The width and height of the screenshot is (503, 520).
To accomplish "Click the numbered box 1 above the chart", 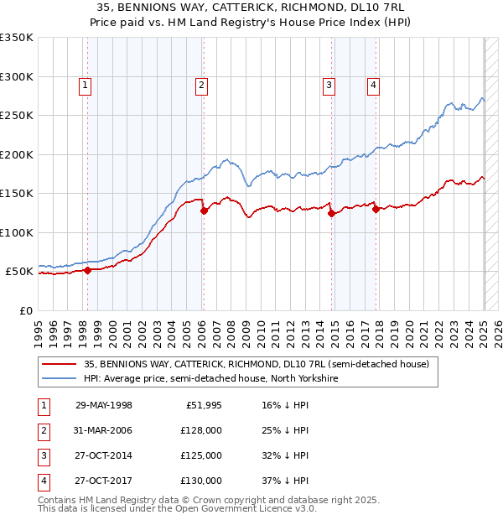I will tap(86, 84).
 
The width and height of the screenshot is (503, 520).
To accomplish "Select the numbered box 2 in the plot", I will tap(203, 84).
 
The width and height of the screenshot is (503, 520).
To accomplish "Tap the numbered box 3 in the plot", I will tap(329, 84).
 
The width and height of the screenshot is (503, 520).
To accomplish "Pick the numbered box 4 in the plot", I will tap(373, 84).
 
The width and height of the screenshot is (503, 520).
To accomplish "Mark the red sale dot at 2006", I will tap(204, 211).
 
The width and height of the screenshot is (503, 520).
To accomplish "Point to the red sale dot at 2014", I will tap(331, 214).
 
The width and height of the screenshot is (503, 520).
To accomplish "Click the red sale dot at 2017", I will tap(376, 210).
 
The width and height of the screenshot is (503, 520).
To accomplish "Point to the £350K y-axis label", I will tap(17, 38).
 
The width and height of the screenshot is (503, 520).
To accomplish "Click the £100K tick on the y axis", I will tap(17, 232).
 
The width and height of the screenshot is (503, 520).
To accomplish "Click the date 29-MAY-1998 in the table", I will tap(104, 405).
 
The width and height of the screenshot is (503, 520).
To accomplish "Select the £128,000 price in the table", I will tap(201, 430).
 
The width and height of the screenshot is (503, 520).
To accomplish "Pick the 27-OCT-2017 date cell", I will tap(104, 481).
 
